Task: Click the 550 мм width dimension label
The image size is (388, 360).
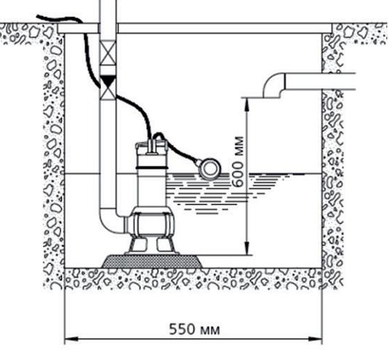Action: [x=195, y=329]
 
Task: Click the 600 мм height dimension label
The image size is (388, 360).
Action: [x=238, y=161]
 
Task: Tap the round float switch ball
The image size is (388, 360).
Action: [x=210, y=169]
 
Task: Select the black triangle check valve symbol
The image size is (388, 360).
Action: [x=108, y=80]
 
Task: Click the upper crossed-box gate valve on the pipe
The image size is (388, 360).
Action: [x=108, y=52]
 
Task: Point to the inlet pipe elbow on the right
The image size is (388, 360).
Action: [x=274, y=85]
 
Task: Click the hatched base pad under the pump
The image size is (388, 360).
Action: [x=152, y=261]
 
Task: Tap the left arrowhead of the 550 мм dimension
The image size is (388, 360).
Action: [x=71, y=339]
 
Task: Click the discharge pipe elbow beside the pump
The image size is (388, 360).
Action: [x=112, y=221]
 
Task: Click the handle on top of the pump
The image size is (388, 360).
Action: [x=152, y=145]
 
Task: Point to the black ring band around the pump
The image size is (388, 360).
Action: [x=152, y=168]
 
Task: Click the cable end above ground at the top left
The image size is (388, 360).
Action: [x=37, y=17]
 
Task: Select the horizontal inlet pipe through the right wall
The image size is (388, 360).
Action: [x=320, y=82]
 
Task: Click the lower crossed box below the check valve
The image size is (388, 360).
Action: [x=108, y=92]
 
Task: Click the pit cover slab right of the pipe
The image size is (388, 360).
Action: [x=225, y=28]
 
